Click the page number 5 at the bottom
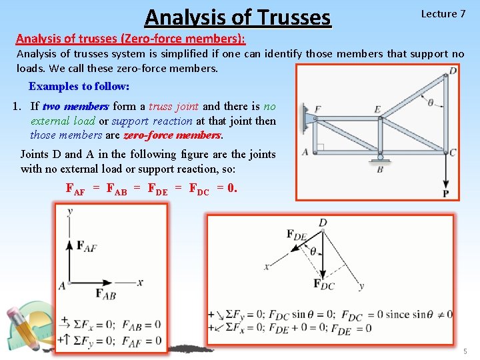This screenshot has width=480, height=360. click(465, 351)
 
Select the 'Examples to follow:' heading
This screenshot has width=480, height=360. click(79, 87)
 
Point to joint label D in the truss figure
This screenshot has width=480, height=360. click(453, 70)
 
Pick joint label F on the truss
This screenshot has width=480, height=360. click(317, 109)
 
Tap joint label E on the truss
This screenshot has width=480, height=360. click(377, 110)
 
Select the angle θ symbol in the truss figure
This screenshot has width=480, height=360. click(430, 103)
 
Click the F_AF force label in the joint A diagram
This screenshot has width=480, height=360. click(86, 246)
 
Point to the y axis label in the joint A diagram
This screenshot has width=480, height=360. click(70, 211)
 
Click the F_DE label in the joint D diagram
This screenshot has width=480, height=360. click(297, 234)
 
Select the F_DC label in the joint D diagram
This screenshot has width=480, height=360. click(324, 284)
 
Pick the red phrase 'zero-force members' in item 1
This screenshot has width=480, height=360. click(172, 135)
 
